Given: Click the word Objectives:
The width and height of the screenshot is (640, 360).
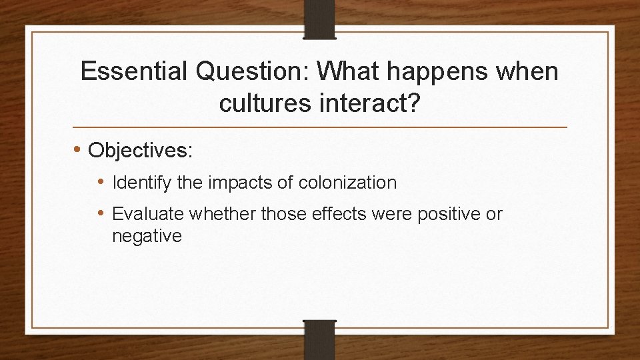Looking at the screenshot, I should click(x=141, y=150).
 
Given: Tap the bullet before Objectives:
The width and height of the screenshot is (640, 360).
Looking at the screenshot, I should click(x=79, y=150).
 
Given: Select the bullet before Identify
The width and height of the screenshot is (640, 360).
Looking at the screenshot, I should click(x=103, y=182).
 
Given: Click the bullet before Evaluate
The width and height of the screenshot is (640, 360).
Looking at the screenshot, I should click(x=103, y=214).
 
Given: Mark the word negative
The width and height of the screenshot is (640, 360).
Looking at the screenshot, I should click(x=147, y=236).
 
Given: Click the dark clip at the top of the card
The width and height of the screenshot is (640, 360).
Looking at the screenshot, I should click(x=320, y=17).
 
